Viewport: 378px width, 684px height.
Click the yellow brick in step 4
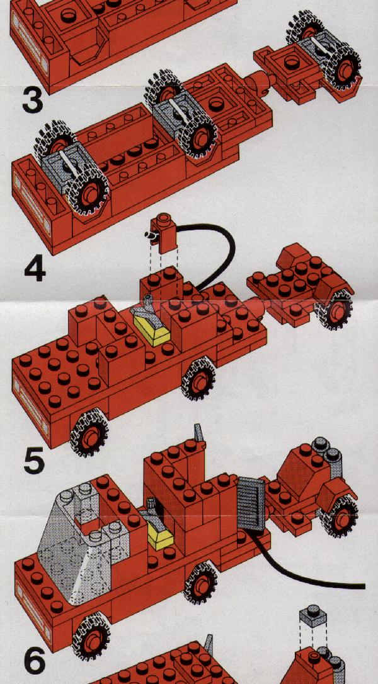152,329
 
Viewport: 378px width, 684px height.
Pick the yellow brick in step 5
160,535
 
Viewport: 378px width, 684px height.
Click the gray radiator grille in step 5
251,504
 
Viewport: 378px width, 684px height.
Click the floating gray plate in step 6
312,615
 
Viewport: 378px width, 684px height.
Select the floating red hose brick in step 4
164,233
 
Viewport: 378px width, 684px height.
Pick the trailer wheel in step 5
340,517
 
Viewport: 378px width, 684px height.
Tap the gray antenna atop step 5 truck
199,432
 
